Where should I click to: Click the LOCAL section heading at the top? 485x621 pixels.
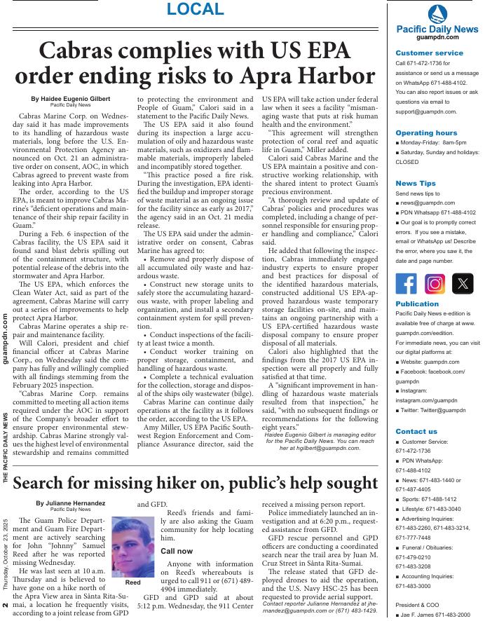196,10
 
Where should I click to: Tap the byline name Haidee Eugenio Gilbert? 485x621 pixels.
71,99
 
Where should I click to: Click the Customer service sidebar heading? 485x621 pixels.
429,53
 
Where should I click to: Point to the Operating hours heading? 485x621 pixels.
426,132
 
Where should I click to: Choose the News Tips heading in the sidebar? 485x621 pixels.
415,184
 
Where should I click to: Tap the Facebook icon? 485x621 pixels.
407,283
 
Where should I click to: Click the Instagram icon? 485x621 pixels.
435,283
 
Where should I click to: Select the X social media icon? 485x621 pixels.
463,283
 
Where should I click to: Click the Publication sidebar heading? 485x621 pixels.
417,304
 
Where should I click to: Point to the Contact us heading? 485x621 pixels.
416,432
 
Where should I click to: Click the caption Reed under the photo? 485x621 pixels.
133,582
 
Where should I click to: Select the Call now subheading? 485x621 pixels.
177,551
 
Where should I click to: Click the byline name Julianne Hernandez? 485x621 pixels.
71,503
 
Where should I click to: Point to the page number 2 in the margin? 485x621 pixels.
6,605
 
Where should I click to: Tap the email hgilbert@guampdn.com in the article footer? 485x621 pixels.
331,447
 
